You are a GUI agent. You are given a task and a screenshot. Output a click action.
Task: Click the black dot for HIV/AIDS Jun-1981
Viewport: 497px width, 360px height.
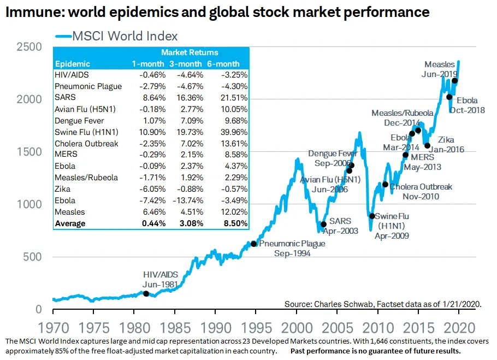[146, 293]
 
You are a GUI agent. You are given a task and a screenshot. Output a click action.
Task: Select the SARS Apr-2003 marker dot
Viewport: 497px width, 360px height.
[323, 224]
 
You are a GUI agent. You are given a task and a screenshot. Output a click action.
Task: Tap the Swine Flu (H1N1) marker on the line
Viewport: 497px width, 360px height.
[372, 216]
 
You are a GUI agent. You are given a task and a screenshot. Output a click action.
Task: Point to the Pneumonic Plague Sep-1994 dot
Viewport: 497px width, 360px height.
[253, 244]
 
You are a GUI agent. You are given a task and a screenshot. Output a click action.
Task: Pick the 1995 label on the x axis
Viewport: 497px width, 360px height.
[256, 328]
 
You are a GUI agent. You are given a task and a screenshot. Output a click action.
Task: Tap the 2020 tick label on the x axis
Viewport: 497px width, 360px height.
[458, 328]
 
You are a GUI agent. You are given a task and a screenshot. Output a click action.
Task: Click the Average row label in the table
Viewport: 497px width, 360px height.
[70, 223]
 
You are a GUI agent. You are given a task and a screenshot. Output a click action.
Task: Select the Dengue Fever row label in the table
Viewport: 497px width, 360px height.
[79, 121]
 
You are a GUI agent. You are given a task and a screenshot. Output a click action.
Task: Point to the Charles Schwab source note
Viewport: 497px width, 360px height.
[383, 304]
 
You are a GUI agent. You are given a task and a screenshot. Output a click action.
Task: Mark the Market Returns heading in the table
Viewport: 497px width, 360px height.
[190, 52]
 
